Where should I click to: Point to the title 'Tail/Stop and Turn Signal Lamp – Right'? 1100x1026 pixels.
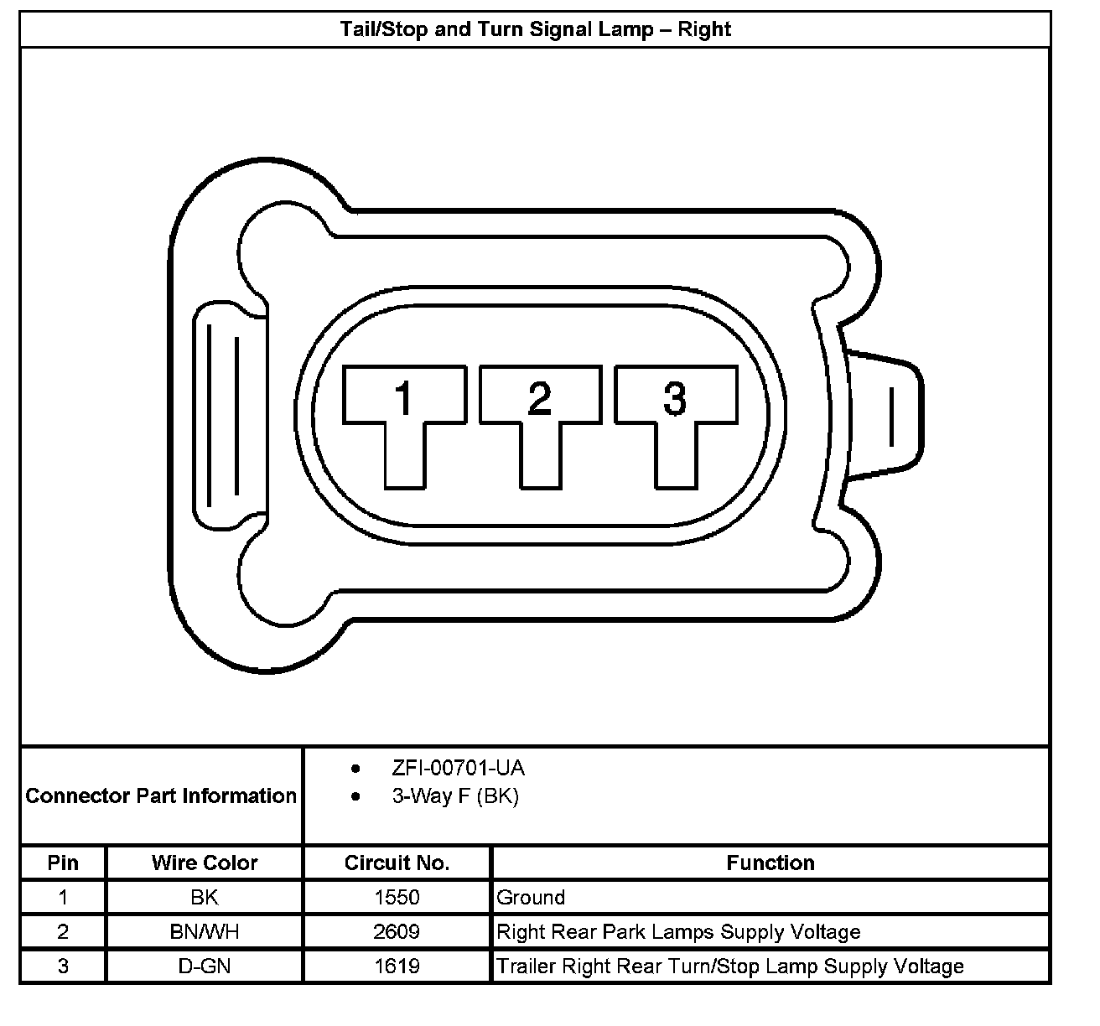coord(535,29)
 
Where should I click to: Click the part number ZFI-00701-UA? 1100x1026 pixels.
coord(458,768)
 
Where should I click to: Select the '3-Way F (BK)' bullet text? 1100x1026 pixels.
coord(454,796)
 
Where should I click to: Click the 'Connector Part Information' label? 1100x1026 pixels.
coord(161,795)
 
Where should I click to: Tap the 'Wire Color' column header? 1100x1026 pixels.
coord(205,863)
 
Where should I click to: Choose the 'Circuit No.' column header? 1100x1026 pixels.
coord(397,863)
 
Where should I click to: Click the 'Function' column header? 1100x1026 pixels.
coord(770,863)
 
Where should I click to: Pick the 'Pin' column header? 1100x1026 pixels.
coord(63,863)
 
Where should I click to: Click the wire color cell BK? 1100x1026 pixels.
coord(205,898)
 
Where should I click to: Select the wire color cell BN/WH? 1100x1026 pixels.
coord(205,932)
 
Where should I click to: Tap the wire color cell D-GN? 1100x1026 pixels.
coord(205,966)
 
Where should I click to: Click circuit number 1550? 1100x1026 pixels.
coord(397,898)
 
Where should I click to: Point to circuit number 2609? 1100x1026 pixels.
coord(397,932)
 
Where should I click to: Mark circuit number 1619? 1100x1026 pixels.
coord(397,966)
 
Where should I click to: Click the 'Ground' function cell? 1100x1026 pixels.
coord(531,898)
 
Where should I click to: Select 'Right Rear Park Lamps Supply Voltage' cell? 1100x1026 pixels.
coord(678,932)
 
